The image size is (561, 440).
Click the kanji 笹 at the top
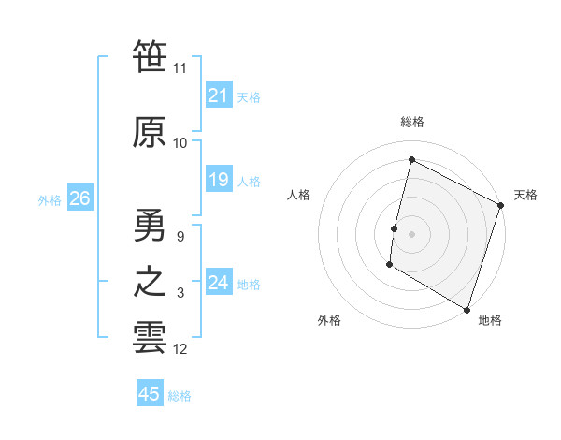click(x=150, y=57)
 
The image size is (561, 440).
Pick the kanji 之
click(x=150, y=282)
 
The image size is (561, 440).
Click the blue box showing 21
click(x=219, y=95)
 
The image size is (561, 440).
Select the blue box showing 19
click(x=219, y=180)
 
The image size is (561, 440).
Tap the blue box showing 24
click(x=219, y=283)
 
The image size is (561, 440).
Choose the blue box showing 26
click(x=79, y=198)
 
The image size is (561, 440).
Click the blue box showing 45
click(x=150, y=394)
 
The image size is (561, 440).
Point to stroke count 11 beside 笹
click(x=180, y=68)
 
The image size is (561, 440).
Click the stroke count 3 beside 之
click(x=180, y=293)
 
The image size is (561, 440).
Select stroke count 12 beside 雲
click(x=180, y=349)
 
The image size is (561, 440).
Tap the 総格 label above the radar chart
click(x=412, y=122)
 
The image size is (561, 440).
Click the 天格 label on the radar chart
click(x=525, y=195)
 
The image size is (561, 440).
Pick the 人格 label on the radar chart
click(x=298, y=195)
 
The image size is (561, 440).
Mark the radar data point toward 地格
click(x=467, y=309)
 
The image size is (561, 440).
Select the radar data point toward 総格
click(x=411, y=159)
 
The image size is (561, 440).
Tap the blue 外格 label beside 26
click(x=49, y=199)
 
